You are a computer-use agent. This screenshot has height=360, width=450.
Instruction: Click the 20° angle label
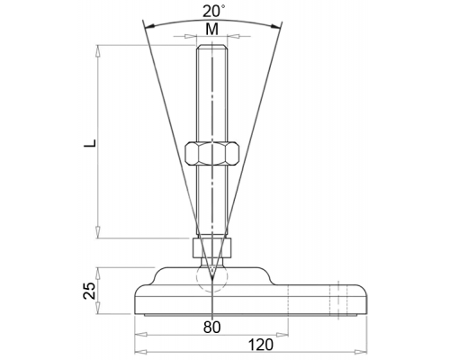tap(213, 12)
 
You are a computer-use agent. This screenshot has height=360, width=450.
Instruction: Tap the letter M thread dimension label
tap(212, 30)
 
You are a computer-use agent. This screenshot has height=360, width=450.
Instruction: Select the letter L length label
tap(90, 143)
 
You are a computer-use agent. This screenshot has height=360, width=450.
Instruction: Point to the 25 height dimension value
tap(89, 291)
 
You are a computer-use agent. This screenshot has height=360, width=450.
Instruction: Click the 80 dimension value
tap(211, 327)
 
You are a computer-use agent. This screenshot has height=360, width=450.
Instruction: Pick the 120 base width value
tap(261, 345)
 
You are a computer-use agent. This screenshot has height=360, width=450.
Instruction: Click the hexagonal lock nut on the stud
tap(212, 153)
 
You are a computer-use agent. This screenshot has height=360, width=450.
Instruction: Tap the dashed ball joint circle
tap(212, 278)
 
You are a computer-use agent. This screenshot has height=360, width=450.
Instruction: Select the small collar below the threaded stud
tap(212, 248)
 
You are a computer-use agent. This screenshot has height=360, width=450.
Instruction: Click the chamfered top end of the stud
tap(212, 47)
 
